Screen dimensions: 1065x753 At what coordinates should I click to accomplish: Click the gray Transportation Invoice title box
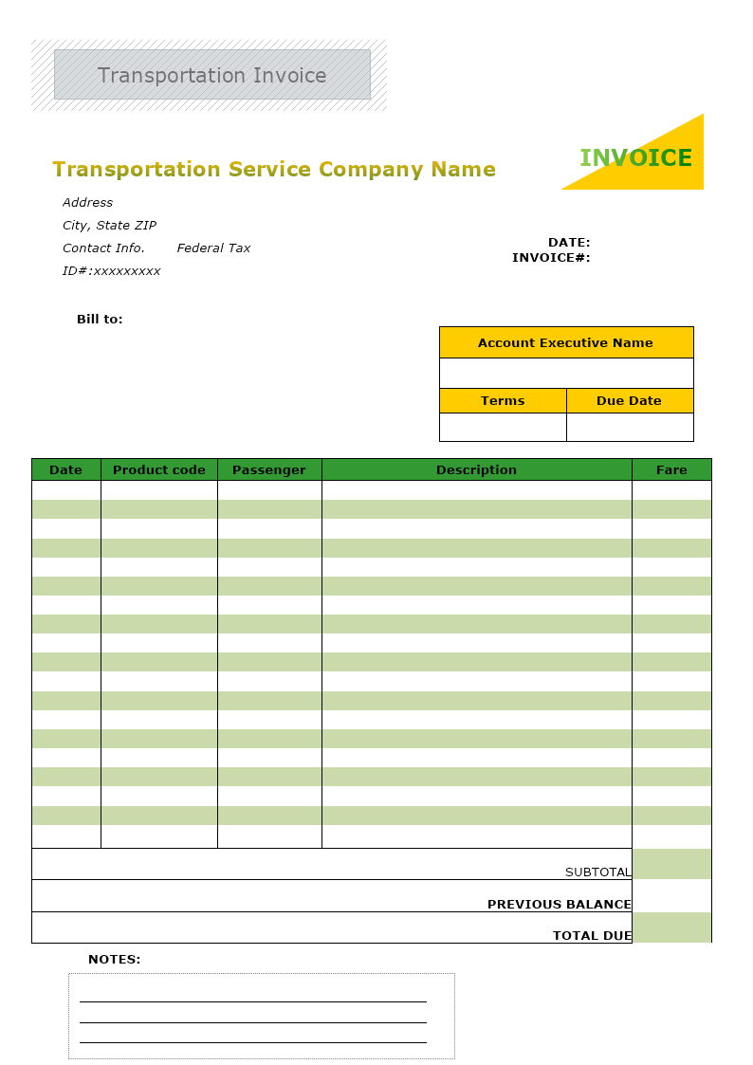coord(211,75)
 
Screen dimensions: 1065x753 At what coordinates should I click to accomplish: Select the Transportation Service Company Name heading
coord(274,170)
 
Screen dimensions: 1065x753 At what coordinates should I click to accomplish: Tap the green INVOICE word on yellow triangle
coord(635,158)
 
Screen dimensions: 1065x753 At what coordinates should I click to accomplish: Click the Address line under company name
coord(87,203)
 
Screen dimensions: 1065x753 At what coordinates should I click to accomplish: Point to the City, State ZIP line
coord(109,226)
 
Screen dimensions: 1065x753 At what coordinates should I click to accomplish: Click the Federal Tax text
coord(213,248)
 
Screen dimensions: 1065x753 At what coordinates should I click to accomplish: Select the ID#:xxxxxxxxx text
coord(111,271)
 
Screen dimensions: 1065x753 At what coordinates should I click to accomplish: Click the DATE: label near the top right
coord(569,243)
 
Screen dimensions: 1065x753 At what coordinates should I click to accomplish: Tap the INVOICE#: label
coord(551,258)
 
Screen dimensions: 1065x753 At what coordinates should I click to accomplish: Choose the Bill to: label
coord(100,320)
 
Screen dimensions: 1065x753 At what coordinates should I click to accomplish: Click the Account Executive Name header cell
coord(565,343)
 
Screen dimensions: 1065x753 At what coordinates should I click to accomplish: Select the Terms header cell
coord(503,401)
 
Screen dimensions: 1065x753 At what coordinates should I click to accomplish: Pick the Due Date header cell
coord(629,401)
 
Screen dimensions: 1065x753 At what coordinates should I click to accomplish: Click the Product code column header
coord(159,470)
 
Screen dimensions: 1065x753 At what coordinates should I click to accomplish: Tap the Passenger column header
coord(269,470)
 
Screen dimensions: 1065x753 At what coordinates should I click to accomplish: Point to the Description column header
coord(476,470)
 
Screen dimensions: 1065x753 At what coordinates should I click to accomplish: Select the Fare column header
coord(671,470)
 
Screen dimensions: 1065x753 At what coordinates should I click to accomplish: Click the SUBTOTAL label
coord(597,872)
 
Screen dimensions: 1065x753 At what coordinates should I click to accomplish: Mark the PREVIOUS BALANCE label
coord(559,905)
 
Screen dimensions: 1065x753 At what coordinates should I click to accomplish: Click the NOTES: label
coord(114,960)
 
